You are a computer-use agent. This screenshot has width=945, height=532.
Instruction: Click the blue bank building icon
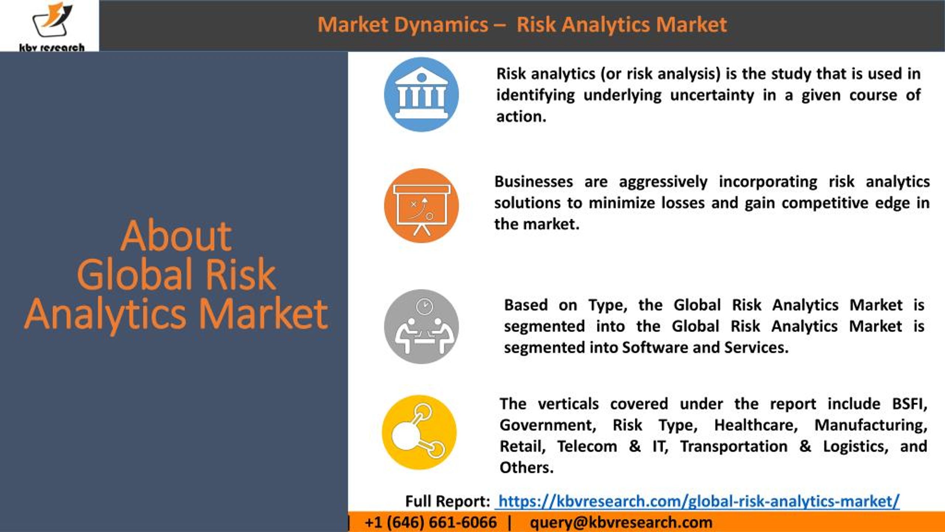tap(422, 95)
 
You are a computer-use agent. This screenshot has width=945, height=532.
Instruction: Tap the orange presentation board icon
tap(422, 206)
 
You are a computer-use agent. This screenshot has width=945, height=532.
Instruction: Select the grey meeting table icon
tap(422, 327)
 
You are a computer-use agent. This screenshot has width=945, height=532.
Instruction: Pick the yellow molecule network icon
tap(419, 432)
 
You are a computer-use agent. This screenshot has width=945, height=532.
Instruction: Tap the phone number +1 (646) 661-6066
tap(431, 522)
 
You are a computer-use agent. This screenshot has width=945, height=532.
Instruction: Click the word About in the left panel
tap(176, 235)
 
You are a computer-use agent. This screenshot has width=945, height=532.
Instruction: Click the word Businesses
tap(534, 181)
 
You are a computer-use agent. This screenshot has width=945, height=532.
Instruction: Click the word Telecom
tap(587, 446)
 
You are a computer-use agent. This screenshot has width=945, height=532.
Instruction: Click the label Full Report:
tap(448, 501)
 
